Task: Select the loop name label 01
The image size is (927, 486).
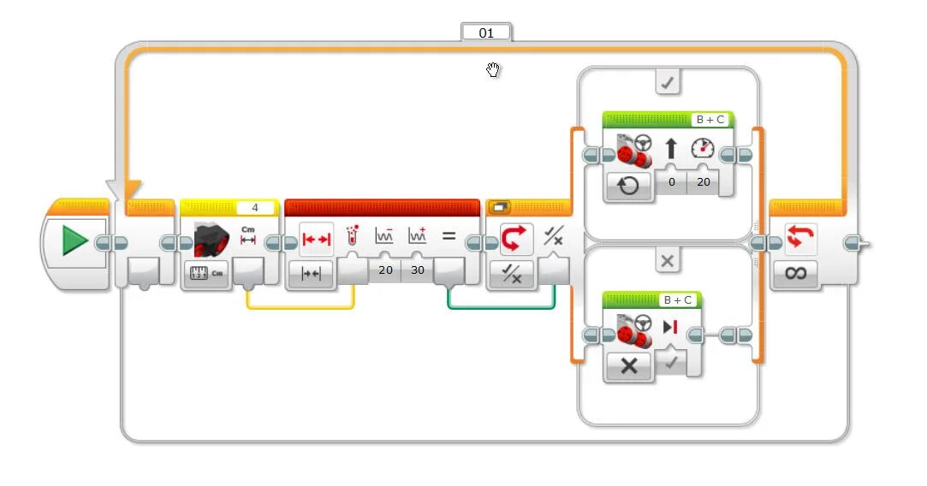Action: point(486,33)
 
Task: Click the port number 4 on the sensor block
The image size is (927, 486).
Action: point(254,208)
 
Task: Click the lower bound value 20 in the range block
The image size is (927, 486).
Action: point(385,270)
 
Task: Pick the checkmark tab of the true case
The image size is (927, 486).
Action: point(668,83)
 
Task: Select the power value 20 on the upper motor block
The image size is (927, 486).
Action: point(703,182)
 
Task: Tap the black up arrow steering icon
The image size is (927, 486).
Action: point(671,149)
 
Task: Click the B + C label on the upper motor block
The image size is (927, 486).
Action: point(710,120)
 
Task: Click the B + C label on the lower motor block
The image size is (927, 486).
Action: point(678,299)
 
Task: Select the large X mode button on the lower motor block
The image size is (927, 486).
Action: point(629,365)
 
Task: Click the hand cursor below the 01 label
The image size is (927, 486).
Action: point(493,69)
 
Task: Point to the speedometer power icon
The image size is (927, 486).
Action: point(704,148)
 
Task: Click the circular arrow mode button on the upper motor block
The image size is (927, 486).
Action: point(628,186)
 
